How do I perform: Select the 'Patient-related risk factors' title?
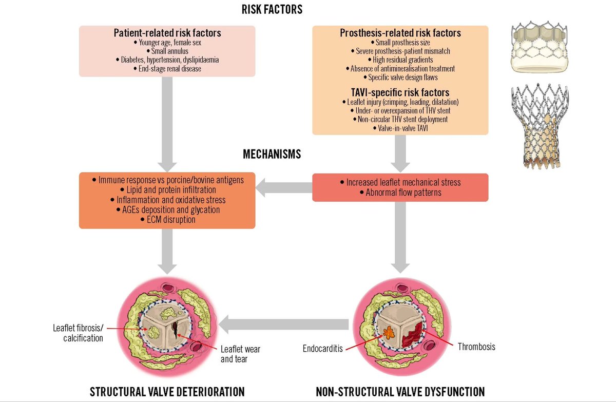click(167, 33)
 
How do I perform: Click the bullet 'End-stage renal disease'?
click(167, 68)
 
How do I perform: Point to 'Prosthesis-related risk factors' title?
click(400, 33)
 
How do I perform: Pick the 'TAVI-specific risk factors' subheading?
click(400, 93)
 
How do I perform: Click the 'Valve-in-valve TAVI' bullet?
click(400, 127)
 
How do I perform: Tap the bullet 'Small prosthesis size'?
click(400, 42)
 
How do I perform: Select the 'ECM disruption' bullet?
click(167, 219)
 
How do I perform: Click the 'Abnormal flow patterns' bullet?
click(400, 193)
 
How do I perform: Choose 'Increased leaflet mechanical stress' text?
click(400, 182)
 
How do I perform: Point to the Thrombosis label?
click(476, 347)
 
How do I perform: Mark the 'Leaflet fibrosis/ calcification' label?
click(78, 332)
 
